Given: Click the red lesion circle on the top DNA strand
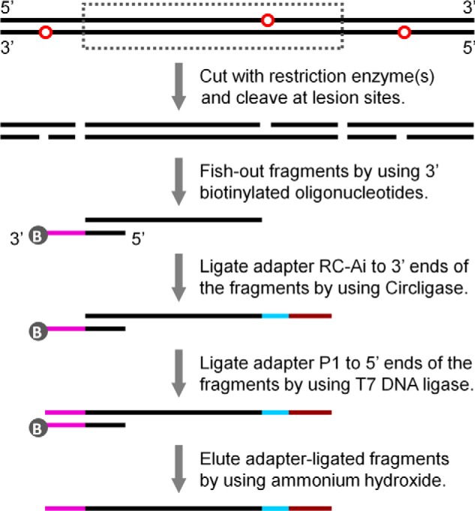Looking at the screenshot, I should tap(267, 21).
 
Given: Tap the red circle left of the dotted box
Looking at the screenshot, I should tap(45, 32).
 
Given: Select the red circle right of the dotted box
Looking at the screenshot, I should tap(404, 32).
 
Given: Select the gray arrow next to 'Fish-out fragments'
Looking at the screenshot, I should tap(179, 181).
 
